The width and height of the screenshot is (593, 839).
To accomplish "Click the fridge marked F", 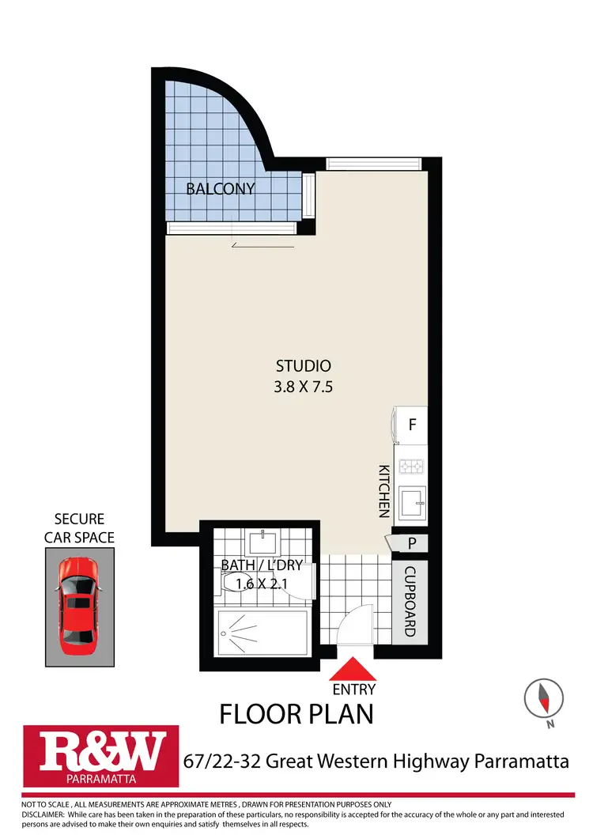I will pos(411,425).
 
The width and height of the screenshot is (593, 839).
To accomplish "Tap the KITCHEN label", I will pos(384,490).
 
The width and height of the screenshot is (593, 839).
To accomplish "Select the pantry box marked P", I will pos(411,543).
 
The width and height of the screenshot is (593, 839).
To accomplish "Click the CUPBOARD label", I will pos(410,601).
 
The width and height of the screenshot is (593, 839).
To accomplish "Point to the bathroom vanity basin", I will pos(260,542).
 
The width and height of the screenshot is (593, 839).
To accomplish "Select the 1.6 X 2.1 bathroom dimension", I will pos(261,584).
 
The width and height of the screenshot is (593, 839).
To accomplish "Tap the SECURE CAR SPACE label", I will pos(79,528).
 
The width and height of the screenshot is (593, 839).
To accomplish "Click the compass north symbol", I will pos(544,698).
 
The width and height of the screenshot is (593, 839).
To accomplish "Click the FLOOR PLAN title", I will pos(296,714).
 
